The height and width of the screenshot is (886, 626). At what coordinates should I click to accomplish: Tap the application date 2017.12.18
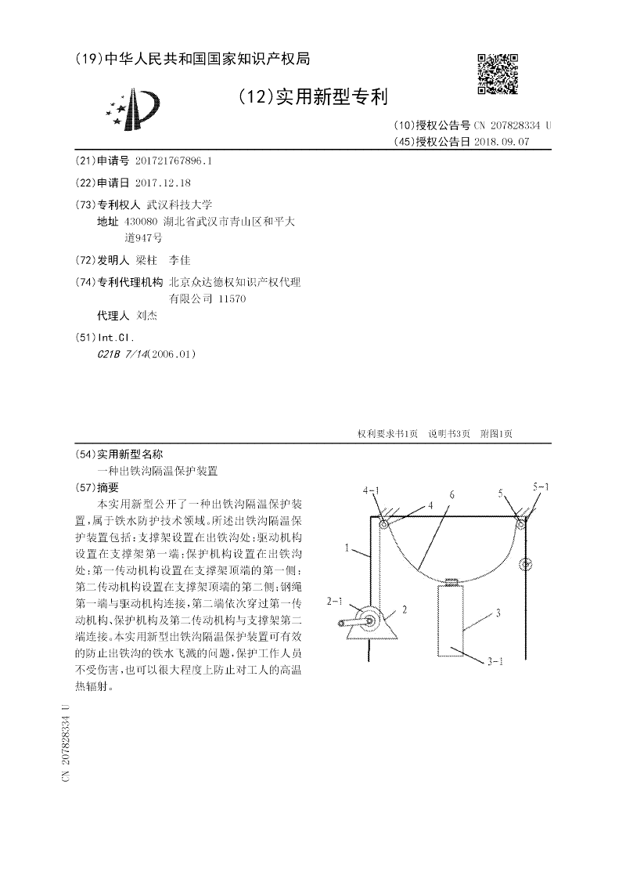click(163, 182)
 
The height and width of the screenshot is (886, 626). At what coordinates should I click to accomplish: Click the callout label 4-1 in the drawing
click(372, 491)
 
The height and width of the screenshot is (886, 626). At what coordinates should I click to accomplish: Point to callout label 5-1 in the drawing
click(541, 487)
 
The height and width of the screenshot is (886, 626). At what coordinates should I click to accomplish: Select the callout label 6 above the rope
click(452, 495)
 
